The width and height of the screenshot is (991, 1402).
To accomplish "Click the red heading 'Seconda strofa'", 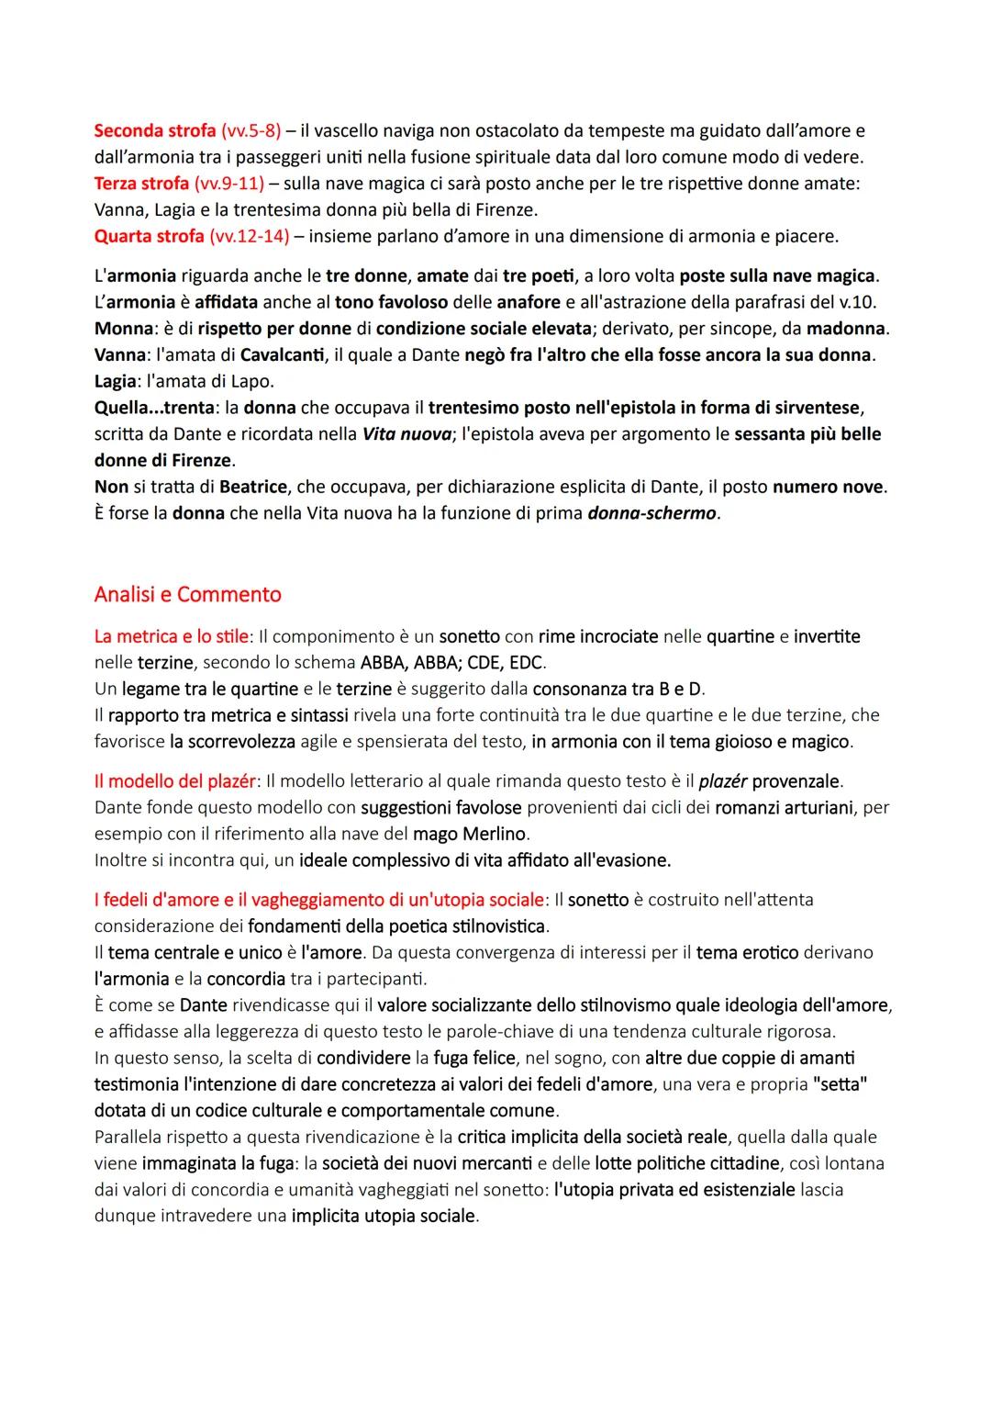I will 154,130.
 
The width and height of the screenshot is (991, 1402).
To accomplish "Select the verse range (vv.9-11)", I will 227,184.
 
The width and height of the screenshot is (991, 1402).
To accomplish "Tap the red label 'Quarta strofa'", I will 149,236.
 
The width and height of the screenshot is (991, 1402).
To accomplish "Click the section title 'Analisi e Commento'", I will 187,594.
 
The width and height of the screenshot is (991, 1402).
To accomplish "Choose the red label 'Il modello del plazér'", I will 174,781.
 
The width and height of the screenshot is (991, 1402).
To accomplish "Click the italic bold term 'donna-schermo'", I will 652,513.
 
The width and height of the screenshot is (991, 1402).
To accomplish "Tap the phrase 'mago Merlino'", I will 470,834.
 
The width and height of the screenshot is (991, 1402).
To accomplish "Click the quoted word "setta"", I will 840,1084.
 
